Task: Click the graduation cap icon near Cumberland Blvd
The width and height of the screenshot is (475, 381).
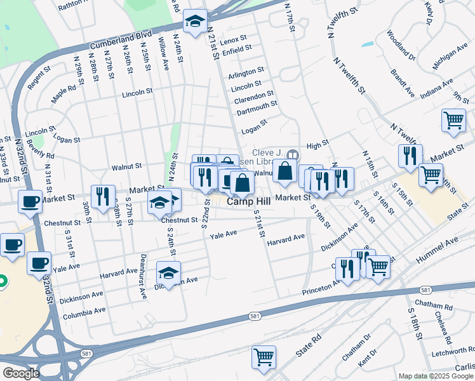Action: coord(195,22)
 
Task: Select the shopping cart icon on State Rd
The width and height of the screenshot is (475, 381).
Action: coord(264,356)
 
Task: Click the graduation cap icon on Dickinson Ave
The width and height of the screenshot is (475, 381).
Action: coord(169,272)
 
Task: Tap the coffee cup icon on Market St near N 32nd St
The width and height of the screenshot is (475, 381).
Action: coord(30,201)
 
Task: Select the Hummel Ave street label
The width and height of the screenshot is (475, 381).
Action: coord(437,251)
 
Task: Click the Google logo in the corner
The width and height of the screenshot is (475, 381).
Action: coord(21,373)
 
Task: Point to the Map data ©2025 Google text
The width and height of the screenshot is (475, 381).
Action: coord(436,376)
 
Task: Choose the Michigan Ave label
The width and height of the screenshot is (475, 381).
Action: coord(449,57)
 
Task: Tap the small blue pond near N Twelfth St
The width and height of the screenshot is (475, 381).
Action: coord(367,45)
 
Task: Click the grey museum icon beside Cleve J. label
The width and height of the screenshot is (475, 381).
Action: coord(293,154)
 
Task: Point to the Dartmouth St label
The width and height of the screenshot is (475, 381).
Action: coord(257,109)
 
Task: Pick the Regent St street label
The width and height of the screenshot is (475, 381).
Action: coord(38,72)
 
